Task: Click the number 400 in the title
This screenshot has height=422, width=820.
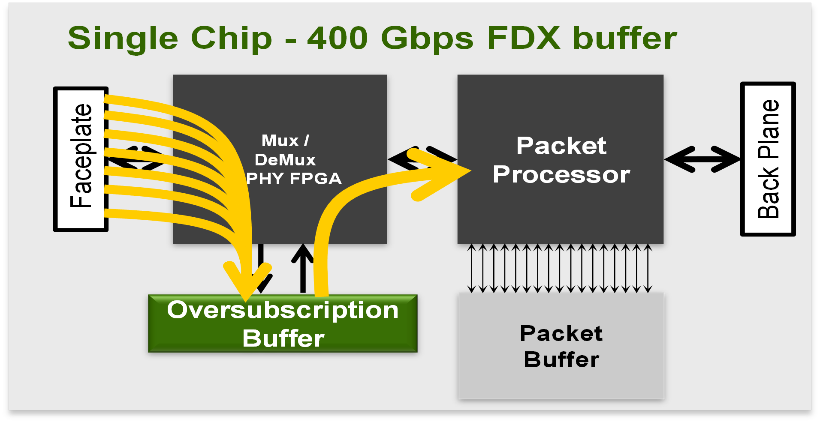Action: point(338,39)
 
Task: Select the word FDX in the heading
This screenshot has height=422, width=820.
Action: point(524,39)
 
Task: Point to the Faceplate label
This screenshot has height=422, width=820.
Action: point(81,156)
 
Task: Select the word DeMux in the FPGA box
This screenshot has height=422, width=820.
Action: point(285,160)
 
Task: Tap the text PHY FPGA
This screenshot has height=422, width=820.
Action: point(294,179)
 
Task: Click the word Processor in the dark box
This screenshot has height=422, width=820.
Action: point(561,174)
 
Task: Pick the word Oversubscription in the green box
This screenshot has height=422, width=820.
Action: point(283,310)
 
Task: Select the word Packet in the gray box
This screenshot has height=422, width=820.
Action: point(561,333)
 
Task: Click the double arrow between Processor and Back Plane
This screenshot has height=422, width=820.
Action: point(702,159)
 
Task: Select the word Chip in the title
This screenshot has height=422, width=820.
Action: point(231,39)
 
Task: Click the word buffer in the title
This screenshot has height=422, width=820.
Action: point(624,39)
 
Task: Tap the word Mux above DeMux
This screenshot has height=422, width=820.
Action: point(280,141)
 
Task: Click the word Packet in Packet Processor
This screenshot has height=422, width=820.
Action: point(561,146)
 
